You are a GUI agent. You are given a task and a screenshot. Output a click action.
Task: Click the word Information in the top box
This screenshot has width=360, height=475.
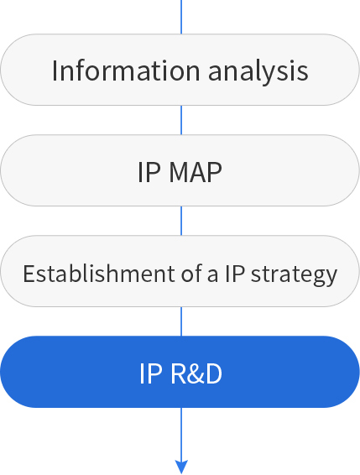coord(126,70)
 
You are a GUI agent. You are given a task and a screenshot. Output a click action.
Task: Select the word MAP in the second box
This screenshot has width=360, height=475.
coord(196,172)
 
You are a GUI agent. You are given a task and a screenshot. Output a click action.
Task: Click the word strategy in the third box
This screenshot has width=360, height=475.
coord(294,274)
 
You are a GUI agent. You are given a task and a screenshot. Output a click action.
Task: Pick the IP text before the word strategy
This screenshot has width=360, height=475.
coord(235,274)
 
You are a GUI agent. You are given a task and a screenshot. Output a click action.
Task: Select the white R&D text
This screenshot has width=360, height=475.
coord(196,373)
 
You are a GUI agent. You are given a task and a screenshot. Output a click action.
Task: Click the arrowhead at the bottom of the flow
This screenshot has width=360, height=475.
coord(181,467)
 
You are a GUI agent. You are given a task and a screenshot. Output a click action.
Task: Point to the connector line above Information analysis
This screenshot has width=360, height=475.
coord(181,17)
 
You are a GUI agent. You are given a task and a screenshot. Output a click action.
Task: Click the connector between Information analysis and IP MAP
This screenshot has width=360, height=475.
coord(181,120)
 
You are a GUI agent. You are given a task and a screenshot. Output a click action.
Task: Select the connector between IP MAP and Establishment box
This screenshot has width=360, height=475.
coord(181,221)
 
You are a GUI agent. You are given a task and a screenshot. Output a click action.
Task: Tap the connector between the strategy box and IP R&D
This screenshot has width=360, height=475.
coord(181,321)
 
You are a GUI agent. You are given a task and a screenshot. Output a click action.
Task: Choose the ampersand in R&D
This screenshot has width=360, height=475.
coord(196,373)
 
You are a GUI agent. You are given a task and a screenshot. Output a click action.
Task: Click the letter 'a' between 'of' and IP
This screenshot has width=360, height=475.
coord(212,275)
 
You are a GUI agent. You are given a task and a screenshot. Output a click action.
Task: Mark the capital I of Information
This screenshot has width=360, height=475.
coord(55,70)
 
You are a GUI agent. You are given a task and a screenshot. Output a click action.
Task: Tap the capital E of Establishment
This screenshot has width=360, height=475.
coord(29,274)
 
